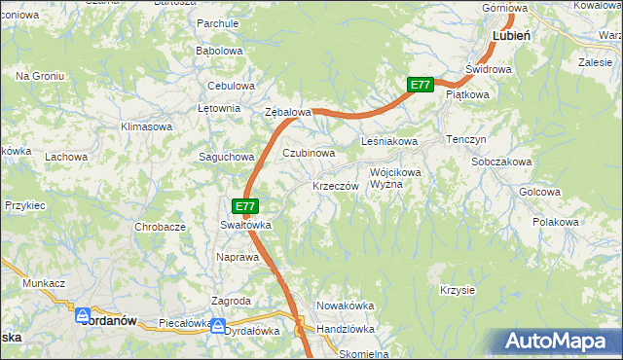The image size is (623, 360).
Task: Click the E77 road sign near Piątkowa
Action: coord(420,86)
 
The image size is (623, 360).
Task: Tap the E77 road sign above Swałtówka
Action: coord(245,206)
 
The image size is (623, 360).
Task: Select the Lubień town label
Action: coord(511,35)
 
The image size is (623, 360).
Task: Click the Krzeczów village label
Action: coord(336,186)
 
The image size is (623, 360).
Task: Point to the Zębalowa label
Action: coord(288,113)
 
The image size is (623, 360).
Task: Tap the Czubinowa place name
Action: coord(309,154)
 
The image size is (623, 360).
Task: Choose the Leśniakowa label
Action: coord(389,142)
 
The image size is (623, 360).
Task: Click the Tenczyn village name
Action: coord(465,140)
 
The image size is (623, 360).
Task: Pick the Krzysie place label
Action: coord(457,290)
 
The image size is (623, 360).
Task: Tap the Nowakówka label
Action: coord(345,306)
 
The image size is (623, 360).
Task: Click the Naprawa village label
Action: coord(237,257)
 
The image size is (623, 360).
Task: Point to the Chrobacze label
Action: coord(161,227)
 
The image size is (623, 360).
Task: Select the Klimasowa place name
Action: coord(146,127)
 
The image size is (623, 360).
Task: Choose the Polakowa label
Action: coord(556,223)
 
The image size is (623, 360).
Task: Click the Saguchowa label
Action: coord(226,157)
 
